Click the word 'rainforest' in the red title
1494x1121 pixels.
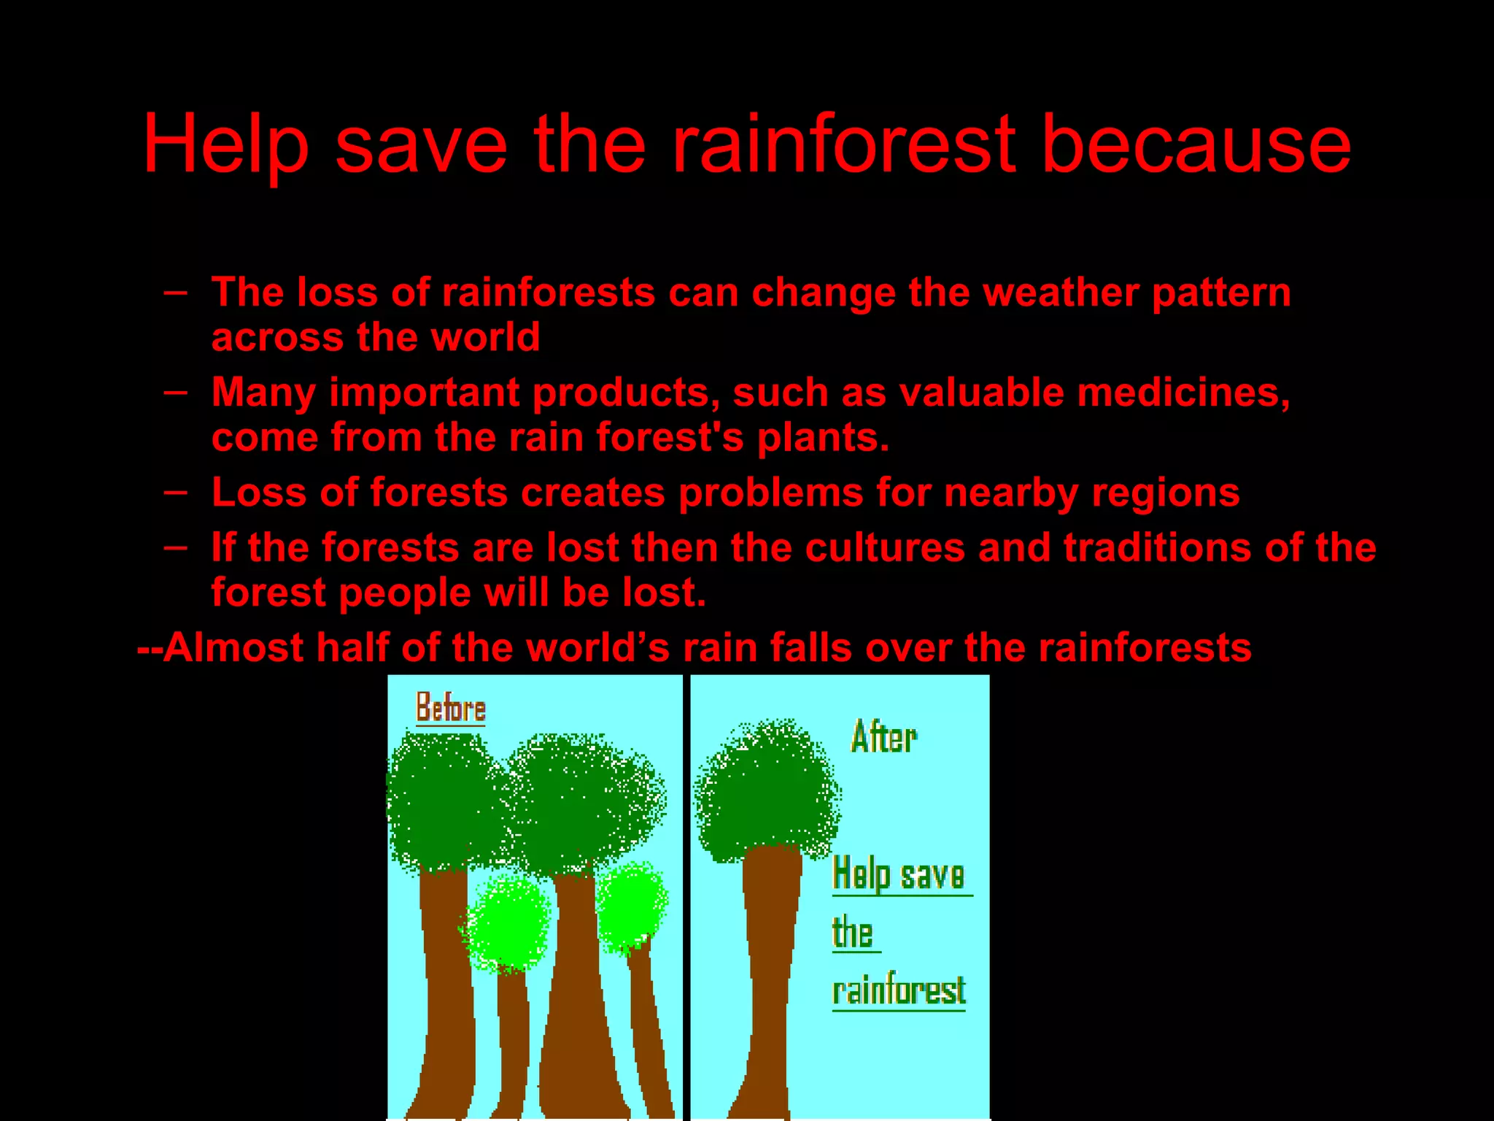click(843, 145)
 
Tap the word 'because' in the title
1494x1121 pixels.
click(1196, 145)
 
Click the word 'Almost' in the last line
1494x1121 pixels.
click(233, 647)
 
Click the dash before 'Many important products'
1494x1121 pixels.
click(175, 392)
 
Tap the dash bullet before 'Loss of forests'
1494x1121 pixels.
click(175, 492)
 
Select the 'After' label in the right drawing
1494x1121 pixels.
click(883, 737)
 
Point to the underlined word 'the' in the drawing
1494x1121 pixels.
click(852, 933)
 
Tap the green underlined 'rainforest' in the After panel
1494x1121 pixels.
click(899, 991)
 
